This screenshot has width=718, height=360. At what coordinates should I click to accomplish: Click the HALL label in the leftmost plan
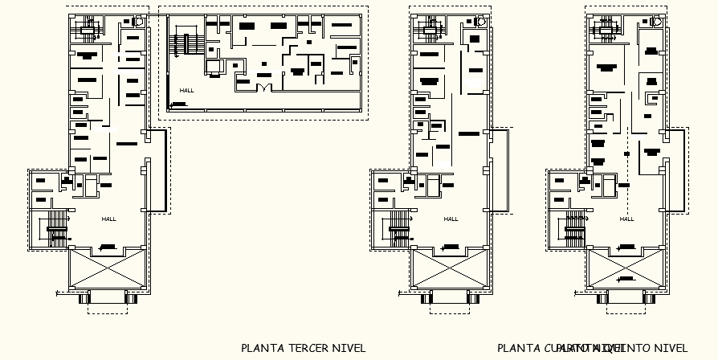point(109,219)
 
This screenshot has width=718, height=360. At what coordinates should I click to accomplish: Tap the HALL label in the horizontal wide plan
point(187,91)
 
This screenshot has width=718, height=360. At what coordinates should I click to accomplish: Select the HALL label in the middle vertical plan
point(451,219)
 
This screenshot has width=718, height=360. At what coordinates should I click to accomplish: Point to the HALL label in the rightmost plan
point(626,219)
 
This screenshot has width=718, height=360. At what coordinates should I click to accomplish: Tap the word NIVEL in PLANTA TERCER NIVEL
point(347,348)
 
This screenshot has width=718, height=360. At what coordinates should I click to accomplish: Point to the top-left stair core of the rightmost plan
point(603,30)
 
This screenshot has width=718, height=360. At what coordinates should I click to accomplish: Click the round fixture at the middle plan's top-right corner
point(480,23)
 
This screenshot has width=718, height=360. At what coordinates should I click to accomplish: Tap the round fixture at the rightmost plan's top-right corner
point(656,23)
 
